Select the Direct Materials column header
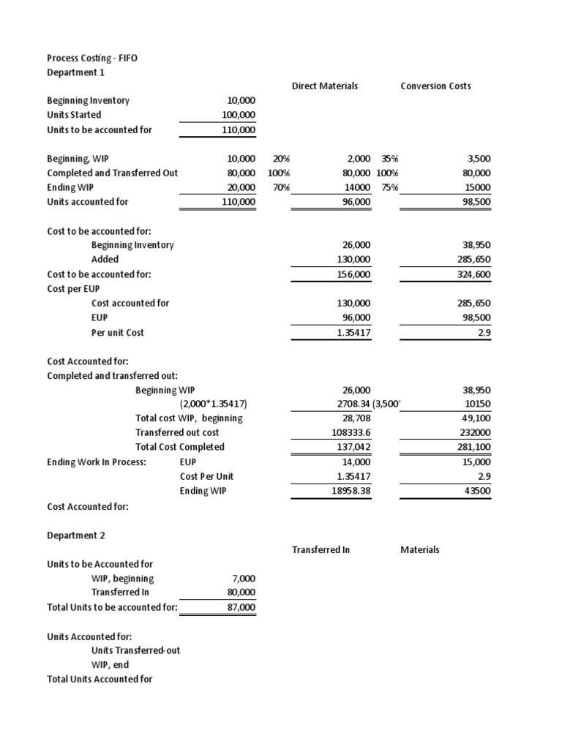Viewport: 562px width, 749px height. (x=325, y=86)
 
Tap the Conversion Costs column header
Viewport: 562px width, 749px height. (x=435, y=86)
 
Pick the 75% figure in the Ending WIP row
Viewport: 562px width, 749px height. (x=389, y=187)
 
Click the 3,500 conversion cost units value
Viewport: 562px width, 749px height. (x=477, y=159)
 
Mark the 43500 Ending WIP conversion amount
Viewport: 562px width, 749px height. (x=477, y=491)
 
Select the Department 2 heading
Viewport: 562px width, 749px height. (x=76, y=535)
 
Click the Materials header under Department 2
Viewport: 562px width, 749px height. (x=420, y=549)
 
